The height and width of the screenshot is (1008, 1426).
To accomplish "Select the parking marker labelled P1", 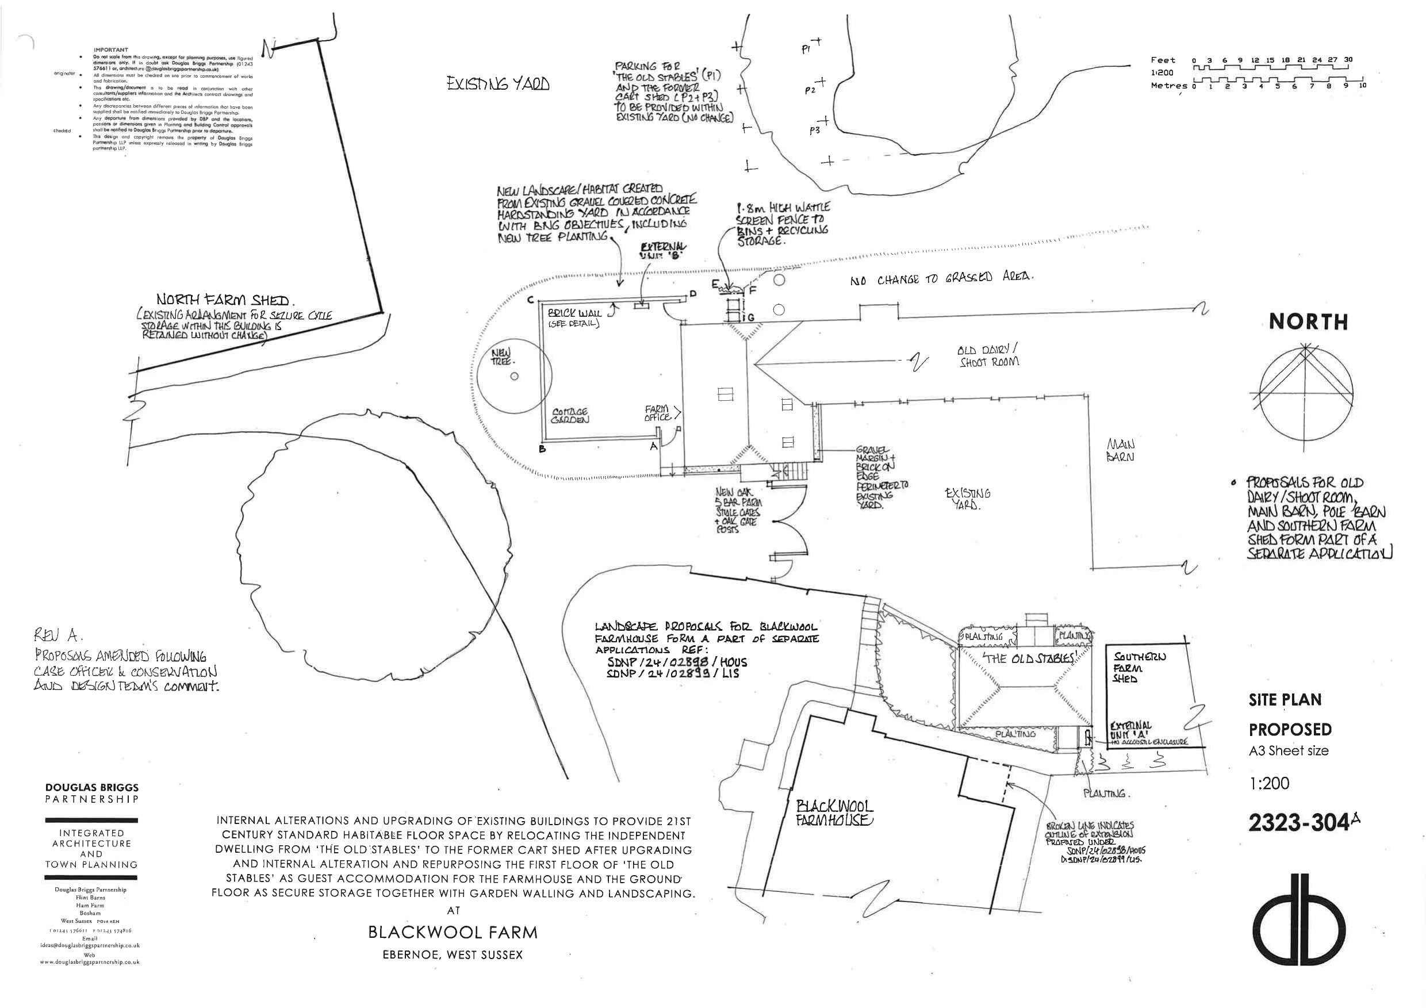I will pyautogui.click(x=807, y=49).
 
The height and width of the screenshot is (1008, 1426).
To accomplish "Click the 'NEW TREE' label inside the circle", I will pyautogui.click(x=502, y=357).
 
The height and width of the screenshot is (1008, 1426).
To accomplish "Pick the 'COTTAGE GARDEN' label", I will pyautogui.click(x=570, y=416).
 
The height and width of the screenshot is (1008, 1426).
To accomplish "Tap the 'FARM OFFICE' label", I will pyautogui.click(x=657, y=413).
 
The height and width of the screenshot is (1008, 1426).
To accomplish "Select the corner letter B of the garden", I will pyautogui.click(x=542, y=449).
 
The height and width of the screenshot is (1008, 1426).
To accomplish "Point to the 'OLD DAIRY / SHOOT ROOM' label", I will pyautogui.click(x=988, y=355).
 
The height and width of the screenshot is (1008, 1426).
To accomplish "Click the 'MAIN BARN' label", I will pyautogui.click(x=1121, y=450).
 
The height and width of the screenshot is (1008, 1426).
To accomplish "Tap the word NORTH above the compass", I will pyautogui.click(x=1308, y=321).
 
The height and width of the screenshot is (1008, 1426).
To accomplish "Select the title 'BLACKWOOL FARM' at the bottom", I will pyautogui.click(x=453, y=932).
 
